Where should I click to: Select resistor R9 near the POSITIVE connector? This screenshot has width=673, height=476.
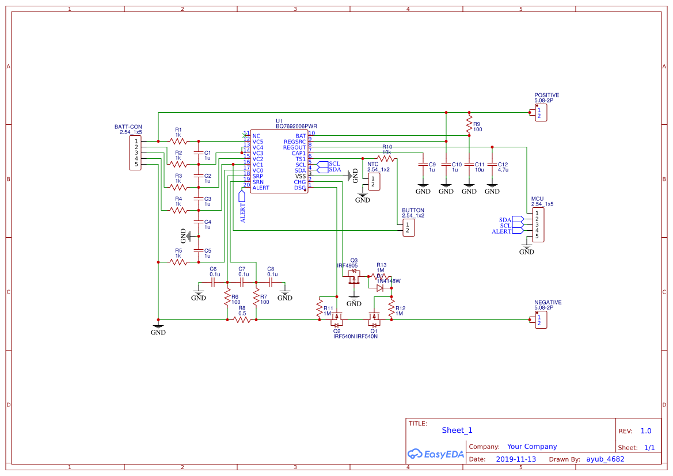pyautogui.click(x=469, y=125)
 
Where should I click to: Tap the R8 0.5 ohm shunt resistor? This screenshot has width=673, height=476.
pyautogui.click(x=242, y=319)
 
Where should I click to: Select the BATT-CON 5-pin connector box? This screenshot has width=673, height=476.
pyautogui.click(x=136, y=153)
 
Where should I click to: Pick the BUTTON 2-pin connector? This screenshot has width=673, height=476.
pyautogui.click(x=408, y=227)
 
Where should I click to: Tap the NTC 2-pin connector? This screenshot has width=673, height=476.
pyautogui.click(x=374, y=182)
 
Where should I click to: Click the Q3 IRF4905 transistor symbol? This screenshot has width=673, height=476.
pyautogui.click(x=353, y=279)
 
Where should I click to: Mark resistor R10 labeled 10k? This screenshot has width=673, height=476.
pyautogui.click(x=386, y=158)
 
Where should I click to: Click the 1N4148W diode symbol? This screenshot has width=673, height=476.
pyautogui.click(x=379, y=288)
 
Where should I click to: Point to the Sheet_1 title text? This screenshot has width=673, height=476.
pyautogui.click(x=457, y=430)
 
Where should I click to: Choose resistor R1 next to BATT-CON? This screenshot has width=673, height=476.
pyautogui.click(x=178, y=141)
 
